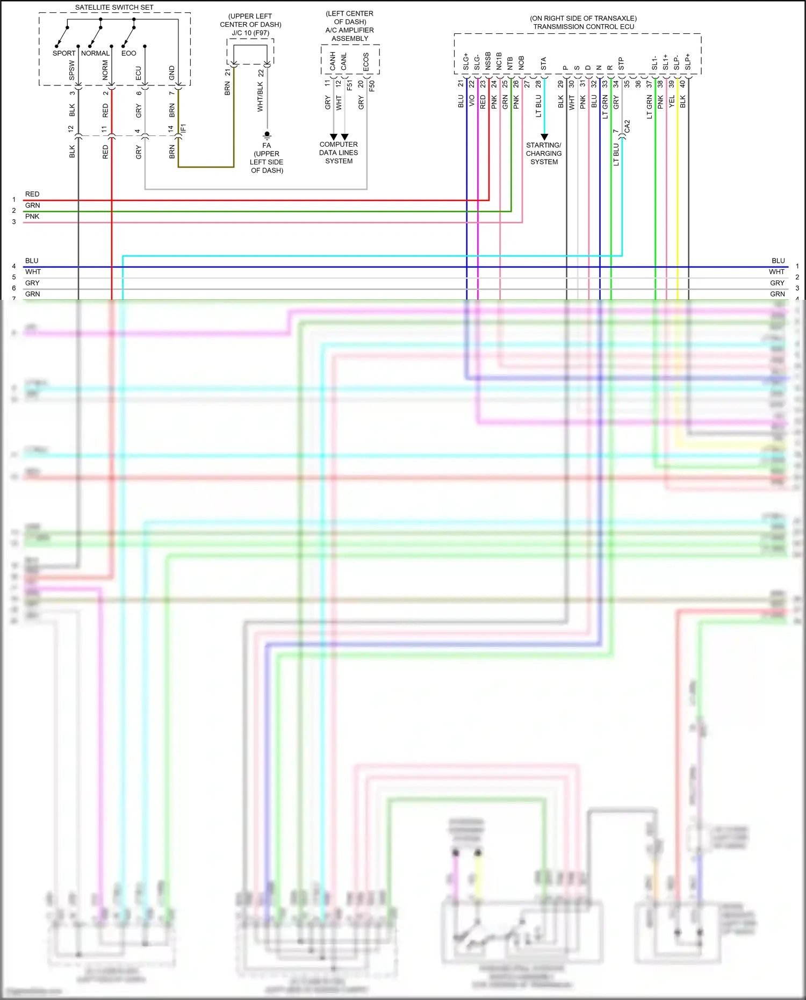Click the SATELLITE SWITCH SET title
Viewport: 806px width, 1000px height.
(114, 8)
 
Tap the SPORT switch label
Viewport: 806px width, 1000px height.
(64, 53)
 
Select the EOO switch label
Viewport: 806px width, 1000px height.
(128, 53)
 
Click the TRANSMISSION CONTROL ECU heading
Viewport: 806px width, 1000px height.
(584, 26)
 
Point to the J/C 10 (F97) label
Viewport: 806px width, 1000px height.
(250, 33)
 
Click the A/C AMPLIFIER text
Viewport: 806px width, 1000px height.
(349, 30)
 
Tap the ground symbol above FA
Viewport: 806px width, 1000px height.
(267, 135)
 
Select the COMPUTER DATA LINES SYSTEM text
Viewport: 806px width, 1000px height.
(339, 153)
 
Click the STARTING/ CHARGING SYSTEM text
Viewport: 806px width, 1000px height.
(544, 153)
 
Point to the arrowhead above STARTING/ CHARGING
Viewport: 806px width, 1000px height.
(544, 137)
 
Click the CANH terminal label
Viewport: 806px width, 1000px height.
(333, 62)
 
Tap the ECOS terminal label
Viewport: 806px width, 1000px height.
(366, 62)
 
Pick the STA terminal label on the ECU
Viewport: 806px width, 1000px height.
(543, 63)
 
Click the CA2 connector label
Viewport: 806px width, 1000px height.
(627, 127)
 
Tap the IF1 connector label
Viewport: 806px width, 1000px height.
(183, 128)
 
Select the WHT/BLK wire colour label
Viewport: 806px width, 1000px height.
(260, 97)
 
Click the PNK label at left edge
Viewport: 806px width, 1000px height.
(32, 216)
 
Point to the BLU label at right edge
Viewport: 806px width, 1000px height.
(778, 261)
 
